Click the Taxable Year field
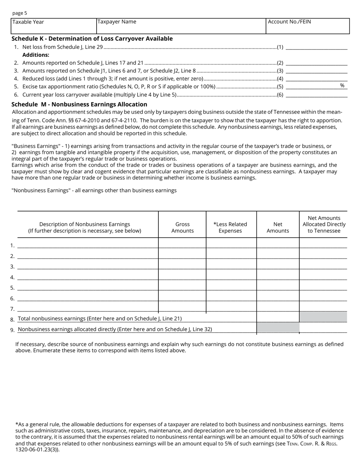(x=54, y=27)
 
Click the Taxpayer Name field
(x=181, y=27)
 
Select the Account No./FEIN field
(x=307, y=27)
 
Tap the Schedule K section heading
(x=92, y=39)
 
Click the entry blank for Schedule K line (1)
(x=316, y=47)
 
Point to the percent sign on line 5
(x=342, y=86)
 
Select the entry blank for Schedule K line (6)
(x=316, y=95)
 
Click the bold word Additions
(x=36, y=55)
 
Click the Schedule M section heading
(x=79, y=105)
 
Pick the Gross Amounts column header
(x=182, y=227)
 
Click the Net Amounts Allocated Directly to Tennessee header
(x=324, y=224)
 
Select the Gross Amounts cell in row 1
(x=182, y=243)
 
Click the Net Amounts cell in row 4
(x=278, y=275)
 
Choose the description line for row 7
(x=88, y=307)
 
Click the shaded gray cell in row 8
(x=323, y=317)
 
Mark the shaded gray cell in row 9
(x=278, y=327)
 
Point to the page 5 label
(x=20, y=13)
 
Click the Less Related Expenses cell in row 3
(x=231, y=264)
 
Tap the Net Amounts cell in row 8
(x=278, y=317)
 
